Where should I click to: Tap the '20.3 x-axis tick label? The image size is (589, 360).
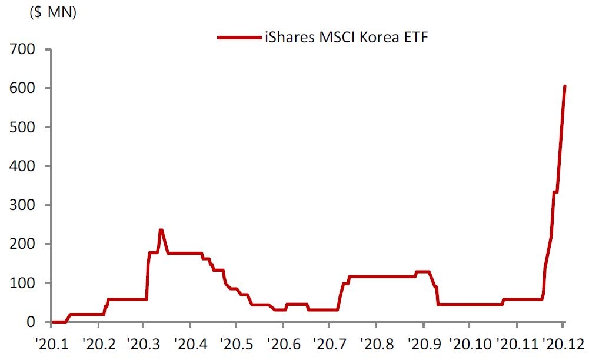click(143, 342)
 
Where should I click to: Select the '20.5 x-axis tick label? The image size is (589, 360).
click(235, 342)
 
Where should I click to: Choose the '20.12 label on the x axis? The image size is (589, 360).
click(564, 342)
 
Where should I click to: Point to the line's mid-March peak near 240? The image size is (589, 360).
click(161, 230)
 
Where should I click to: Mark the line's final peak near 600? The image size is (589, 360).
click(564, 86)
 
